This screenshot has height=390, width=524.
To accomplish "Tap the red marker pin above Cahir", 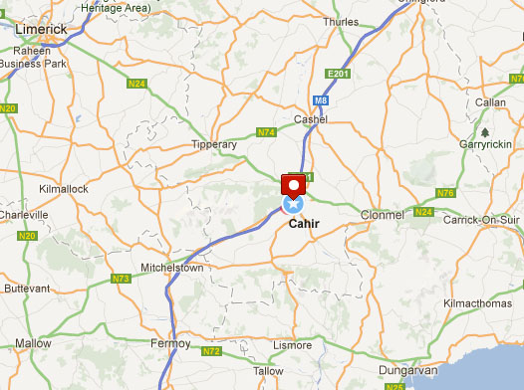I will (x=293, y=185).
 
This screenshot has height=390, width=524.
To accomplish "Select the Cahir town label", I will (x=303, y=223).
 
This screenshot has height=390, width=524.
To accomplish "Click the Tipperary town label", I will (x=213, y=144).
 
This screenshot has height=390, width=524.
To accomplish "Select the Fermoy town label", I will (x=171, y=343).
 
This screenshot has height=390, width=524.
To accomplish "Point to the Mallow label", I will (x=33, y=342).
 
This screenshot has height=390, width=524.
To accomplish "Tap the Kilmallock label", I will (x=64, y=188).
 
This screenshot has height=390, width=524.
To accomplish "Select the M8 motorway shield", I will (x=320, y=100).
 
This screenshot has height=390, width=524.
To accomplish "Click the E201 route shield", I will (x=339, y=74).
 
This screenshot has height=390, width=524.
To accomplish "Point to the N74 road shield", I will (x=265, y=132).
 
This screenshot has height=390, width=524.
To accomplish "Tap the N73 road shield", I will (x=121, y=279).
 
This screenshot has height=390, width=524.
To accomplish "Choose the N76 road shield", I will (x=445, y=193).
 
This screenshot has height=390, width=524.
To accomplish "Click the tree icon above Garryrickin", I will (x=484, y=130).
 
